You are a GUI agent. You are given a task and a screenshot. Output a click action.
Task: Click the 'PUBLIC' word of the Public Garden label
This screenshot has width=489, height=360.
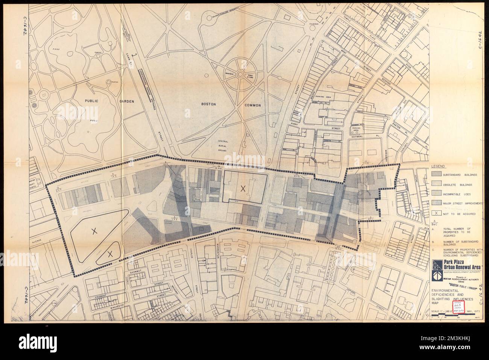point(91,101)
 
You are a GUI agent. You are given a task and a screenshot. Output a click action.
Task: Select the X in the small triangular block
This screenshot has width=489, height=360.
point(110,254)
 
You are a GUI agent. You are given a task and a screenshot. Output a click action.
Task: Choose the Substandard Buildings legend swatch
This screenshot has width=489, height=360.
point(437,174)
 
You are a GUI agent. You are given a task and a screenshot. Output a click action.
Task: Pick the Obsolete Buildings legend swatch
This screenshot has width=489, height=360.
point(437,185)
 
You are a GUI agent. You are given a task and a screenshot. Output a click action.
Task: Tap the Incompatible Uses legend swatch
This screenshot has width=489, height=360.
point(437,195)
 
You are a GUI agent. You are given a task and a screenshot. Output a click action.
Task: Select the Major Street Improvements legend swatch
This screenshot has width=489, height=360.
point(437,204)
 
